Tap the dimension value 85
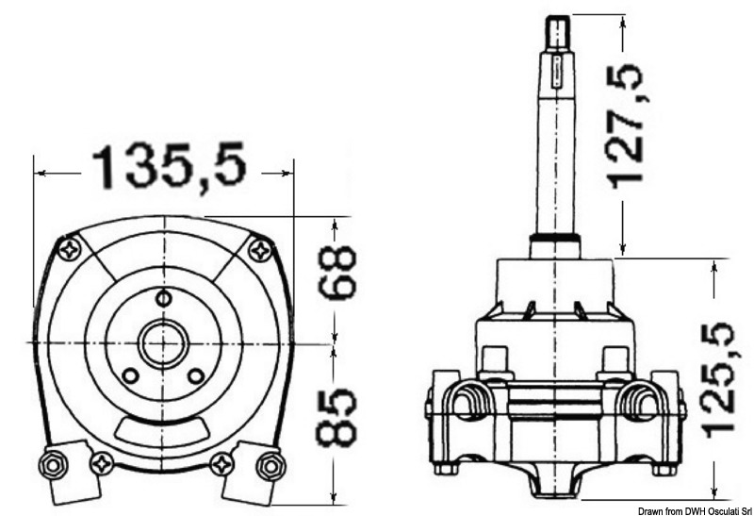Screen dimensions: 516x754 pyautogui.click(x=336, y=415)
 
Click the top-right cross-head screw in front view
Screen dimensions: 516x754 pyautogui.click(x=259, y=249)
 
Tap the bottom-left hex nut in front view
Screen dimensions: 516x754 pyautogui.click(x=51, y=463)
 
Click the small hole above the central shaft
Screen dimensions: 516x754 pyautogui.click(x=163, y=300)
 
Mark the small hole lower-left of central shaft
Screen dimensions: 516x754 pyautogui.click(x=131, y=375)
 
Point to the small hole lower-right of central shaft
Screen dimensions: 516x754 pyautogui.click(x=196, y=375)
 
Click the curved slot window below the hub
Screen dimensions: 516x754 pyautogui.click(x=163, y=431)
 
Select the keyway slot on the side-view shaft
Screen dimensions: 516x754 pyautogui.click(x=558, y=70)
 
